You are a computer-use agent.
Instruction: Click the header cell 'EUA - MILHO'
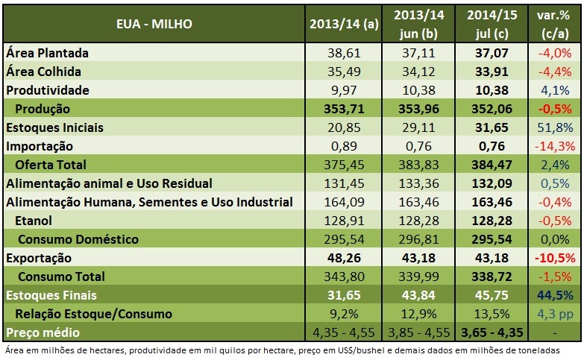tap(154, 24)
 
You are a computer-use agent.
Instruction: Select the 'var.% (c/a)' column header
tap(554, 24)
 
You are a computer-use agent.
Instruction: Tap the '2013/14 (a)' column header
tap(344, 24)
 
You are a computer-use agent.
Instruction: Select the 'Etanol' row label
tap(35, 221)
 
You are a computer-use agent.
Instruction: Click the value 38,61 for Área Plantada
tap(344, 53)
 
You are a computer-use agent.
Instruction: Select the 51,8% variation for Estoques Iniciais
tap(554, 127)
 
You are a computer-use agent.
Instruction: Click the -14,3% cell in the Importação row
tap(554, 146)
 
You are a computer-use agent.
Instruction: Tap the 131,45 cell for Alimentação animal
tap(344, 183)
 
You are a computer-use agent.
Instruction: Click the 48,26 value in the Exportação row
tap(344, 258)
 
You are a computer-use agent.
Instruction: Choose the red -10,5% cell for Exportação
tap(554, 258)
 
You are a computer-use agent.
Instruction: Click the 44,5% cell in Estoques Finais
tap(554, 295)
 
